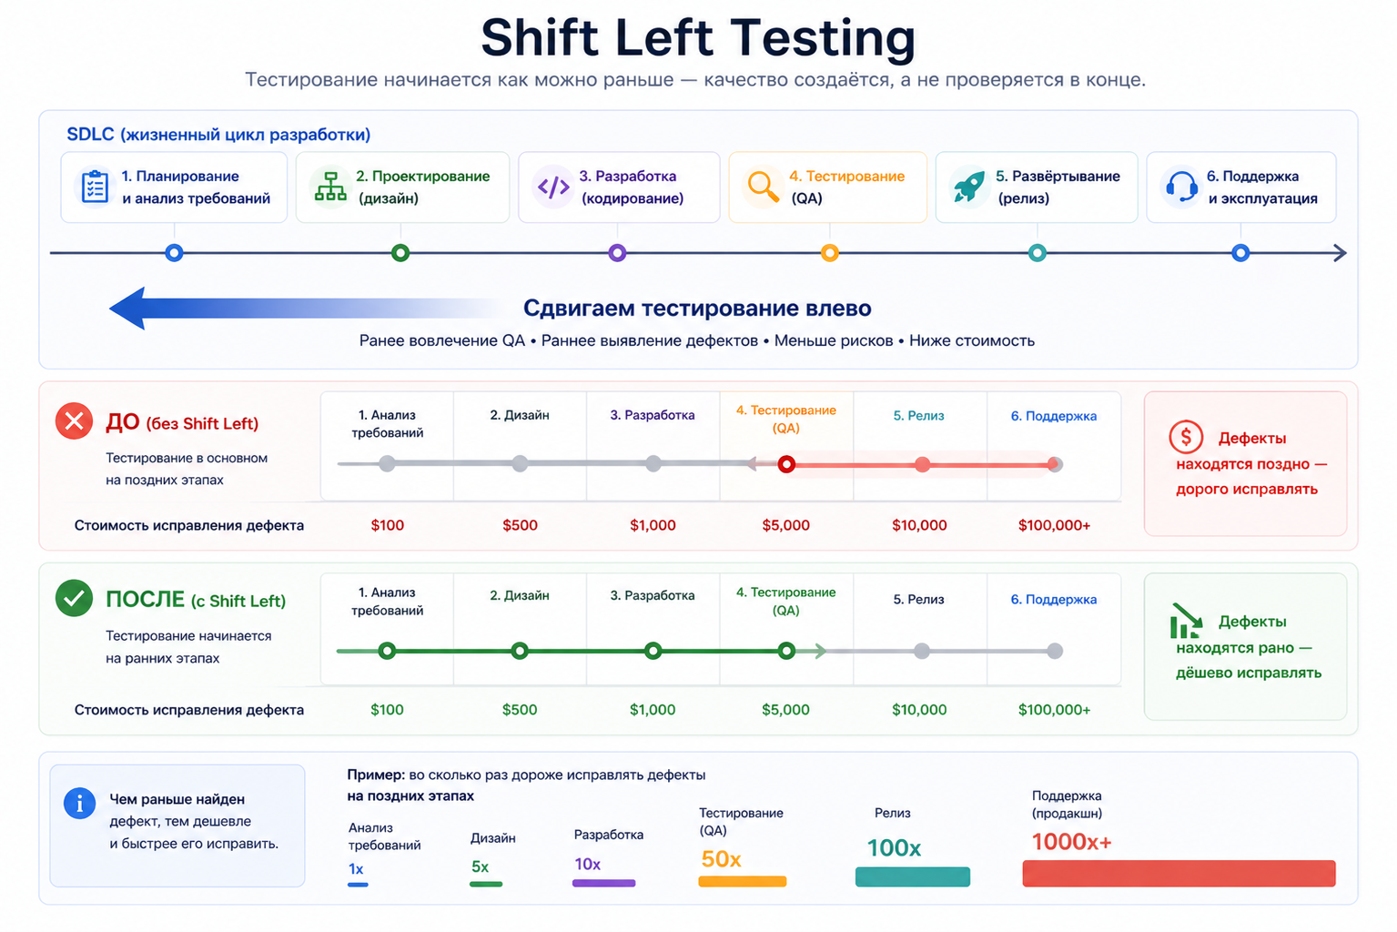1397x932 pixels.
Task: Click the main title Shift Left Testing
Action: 698,38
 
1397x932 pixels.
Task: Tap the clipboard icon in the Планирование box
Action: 95,186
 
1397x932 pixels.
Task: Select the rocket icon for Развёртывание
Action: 968,186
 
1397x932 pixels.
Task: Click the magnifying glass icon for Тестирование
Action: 762,186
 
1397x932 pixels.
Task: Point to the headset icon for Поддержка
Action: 1181,187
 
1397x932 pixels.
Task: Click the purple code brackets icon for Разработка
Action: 553,187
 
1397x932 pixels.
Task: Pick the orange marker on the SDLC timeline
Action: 829,253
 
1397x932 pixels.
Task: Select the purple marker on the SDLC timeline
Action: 617,253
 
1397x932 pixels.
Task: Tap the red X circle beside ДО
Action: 75,421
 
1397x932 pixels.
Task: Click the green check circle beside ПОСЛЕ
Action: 75,599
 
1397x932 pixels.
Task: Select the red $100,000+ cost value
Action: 1054,525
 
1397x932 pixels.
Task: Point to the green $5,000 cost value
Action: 785,710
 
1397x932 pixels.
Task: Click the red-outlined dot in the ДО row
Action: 786,464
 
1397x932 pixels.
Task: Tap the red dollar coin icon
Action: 1186,437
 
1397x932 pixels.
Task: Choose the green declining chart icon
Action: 1185,621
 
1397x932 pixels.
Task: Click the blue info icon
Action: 80,804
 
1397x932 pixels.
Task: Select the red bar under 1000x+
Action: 1179,874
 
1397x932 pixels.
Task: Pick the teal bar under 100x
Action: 912,876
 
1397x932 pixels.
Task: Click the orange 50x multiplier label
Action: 721,859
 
